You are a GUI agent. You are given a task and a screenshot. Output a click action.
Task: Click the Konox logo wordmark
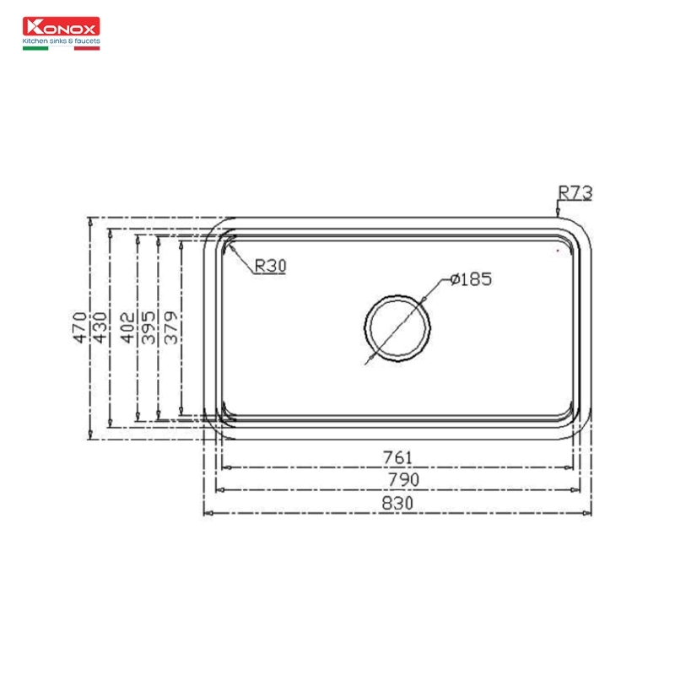[x=61, y=26]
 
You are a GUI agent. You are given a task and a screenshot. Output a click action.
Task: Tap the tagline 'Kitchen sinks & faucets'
[x=61, y=40]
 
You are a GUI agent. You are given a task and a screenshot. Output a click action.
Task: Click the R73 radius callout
[x=575, y=193]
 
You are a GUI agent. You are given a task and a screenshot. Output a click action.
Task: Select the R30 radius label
[x=270, y=266]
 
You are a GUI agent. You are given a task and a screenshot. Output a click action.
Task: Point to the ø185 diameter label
[x=471, y=279]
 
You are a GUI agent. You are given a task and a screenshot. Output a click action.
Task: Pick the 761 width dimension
[x=397, y=457]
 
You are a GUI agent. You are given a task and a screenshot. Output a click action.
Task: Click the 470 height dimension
[x=79, y=327]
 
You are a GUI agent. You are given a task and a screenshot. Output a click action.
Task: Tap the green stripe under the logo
[x=35, y=48]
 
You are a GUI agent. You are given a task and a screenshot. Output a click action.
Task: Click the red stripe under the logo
[x=87, y=48]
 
